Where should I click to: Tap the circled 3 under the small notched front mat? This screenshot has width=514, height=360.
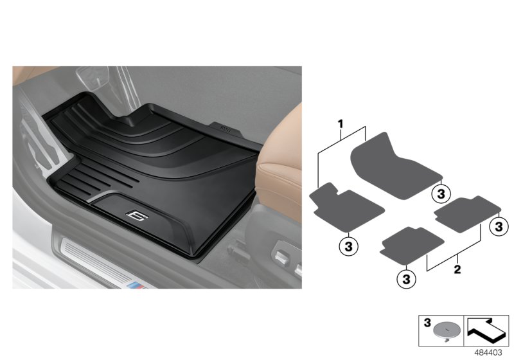point(347,245)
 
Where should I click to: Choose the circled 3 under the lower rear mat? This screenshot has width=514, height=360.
point(406,278)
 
